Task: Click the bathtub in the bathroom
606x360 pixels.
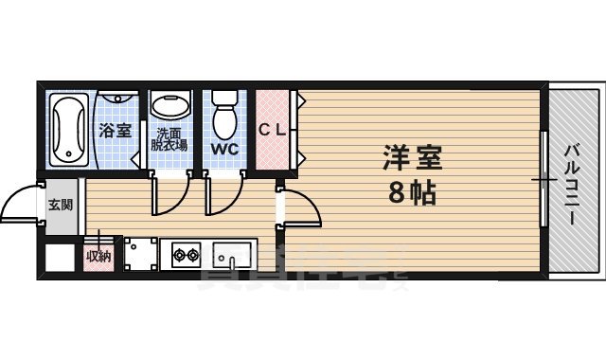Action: tap(67, 130)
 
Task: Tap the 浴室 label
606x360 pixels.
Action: tap(116, 131)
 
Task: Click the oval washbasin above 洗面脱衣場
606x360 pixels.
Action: tap(171, 107)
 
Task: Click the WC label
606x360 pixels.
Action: tap(224, 150)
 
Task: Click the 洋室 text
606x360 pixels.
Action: tap(411, 156)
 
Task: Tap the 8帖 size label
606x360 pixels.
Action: tap(411, 194)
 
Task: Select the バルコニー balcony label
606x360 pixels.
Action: tap(573, 185)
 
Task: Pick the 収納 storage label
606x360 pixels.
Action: tap(98, 256)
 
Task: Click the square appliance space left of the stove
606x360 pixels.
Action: tap(140, 254)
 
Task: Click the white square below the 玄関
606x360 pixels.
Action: tap(60, 257)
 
